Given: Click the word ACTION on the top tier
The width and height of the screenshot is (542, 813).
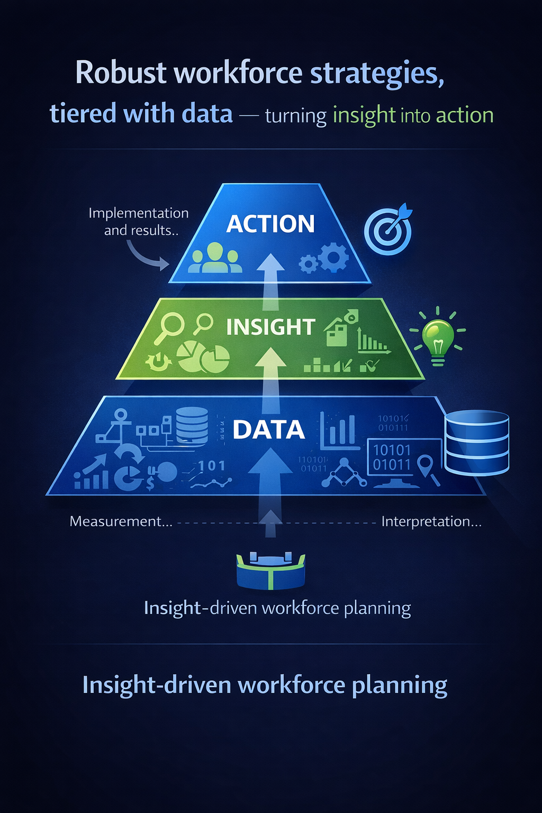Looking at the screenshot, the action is pos(270,224).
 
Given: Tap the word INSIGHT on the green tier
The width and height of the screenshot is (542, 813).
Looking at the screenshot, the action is pos(270,327).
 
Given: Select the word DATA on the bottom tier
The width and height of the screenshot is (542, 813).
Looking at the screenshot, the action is pos(268,430).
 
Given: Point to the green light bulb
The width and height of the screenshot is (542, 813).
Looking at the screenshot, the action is pos(438,339).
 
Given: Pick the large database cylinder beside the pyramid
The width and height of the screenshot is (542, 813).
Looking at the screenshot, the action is pos(476,442).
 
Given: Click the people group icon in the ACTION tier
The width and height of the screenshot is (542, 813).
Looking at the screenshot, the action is pos(215,258).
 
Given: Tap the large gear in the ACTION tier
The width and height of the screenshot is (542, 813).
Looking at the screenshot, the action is pos(333,257).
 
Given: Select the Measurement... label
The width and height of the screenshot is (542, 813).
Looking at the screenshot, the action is pos(121,521).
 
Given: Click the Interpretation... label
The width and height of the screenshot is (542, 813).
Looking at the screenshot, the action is pos(431,521).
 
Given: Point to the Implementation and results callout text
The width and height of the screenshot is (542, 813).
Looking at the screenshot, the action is pos(139,221).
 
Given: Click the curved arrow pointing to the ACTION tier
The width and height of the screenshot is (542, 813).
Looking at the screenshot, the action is pos(146,255).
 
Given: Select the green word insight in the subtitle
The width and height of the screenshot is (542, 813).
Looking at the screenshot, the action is pos(364,115).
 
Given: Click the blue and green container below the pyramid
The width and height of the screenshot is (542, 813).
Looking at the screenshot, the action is pos(270,571).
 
